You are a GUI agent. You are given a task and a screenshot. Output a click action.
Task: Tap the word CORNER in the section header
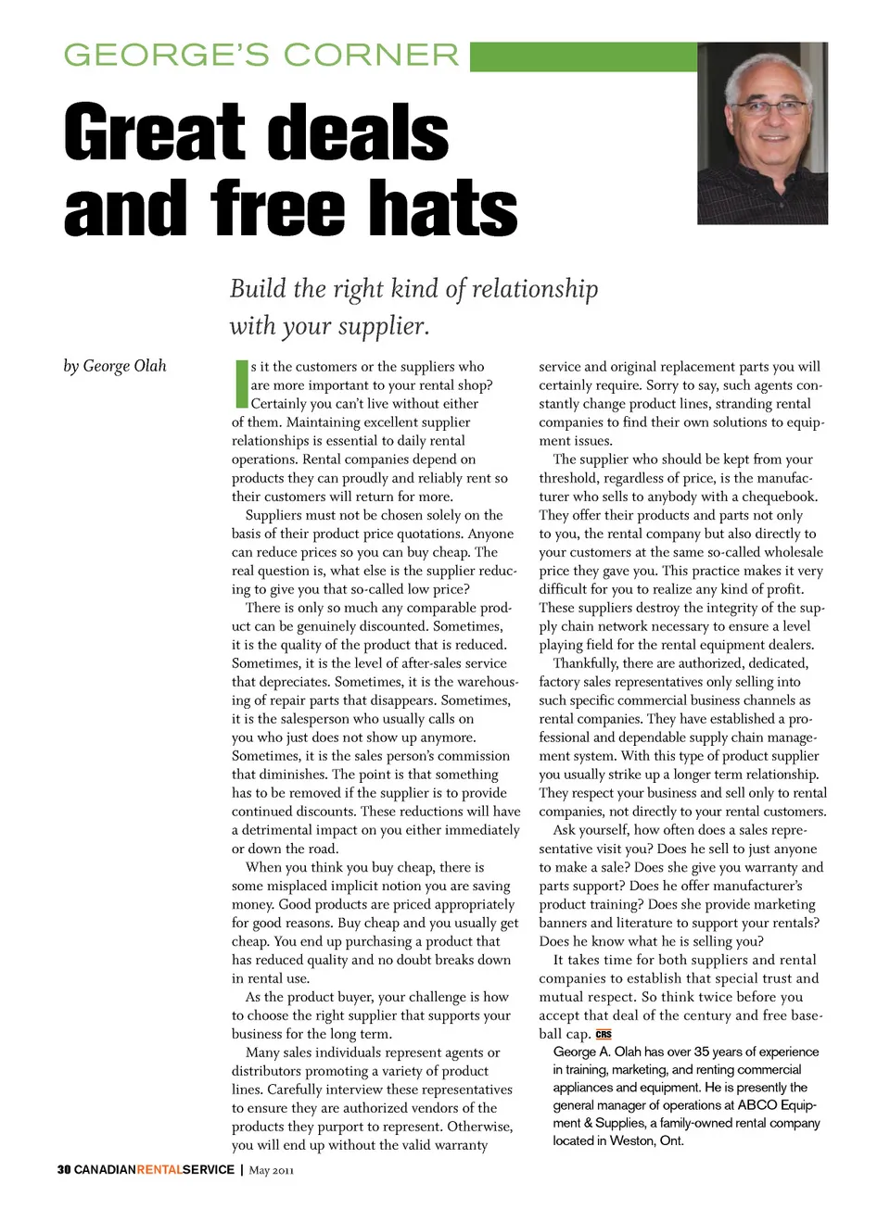coord(371,56)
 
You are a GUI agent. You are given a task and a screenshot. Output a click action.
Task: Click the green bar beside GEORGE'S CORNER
coord(582,57)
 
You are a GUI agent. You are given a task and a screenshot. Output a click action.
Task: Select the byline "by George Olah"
coord(115,366)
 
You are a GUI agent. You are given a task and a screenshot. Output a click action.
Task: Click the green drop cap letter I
coord(240,384)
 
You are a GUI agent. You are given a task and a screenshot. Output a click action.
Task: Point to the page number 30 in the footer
coord(63,1170)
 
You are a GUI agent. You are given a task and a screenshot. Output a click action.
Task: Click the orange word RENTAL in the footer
coord(159,1170)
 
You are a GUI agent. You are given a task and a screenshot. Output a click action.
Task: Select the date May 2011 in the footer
coord(272,1170)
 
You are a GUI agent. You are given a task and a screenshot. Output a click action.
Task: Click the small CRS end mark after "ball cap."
coord(604,1034)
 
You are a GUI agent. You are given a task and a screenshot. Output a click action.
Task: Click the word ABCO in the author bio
coord(756,1104)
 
